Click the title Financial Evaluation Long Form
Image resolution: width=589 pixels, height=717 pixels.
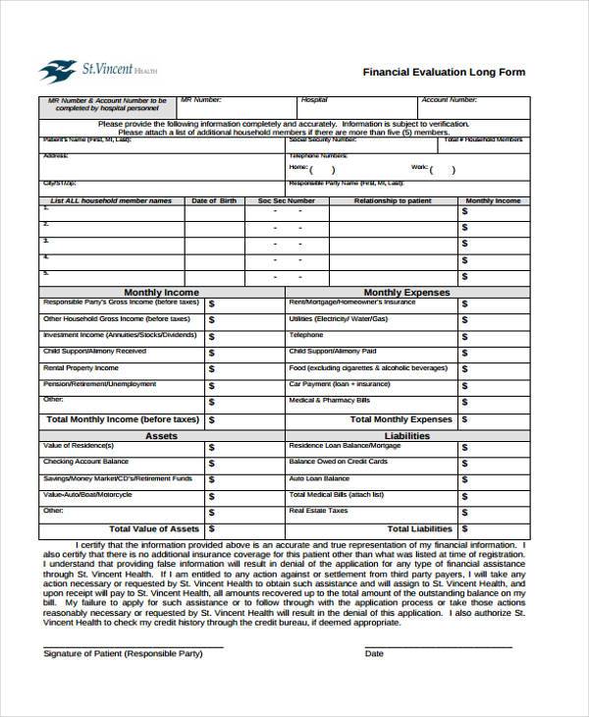point(444,72)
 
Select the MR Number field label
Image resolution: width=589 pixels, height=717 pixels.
point(206,100)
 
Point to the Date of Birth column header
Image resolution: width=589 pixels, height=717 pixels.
point(213,200)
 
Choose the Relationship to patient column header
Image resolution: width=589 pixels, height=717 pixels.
point(393,200)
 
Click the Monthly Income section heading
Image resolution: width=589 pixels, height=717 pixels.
point(161,292)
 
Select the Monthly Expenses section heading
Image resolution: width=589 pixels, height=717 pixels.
point(406,292)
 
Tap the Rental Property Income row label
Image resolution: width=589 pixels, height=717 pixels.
point(80,367)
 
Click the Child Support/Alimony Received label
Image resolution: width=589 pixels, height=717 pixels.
point(94,351)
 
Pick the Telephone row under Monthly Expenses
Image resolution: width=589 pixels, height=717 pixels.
point(305,335)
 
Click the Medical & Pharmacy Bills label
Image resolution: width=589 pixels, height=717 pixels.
point(329,401)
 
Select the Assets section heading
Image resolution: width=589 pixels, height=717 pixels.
point(161,435)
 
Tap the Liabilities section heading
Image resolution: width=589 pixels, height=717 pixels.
point(406,435)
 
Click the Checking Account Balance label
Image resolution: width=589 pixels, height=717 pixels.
point(85,462)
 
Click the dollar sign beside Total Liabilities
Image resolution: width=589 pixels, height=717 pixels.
point(464,530)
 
